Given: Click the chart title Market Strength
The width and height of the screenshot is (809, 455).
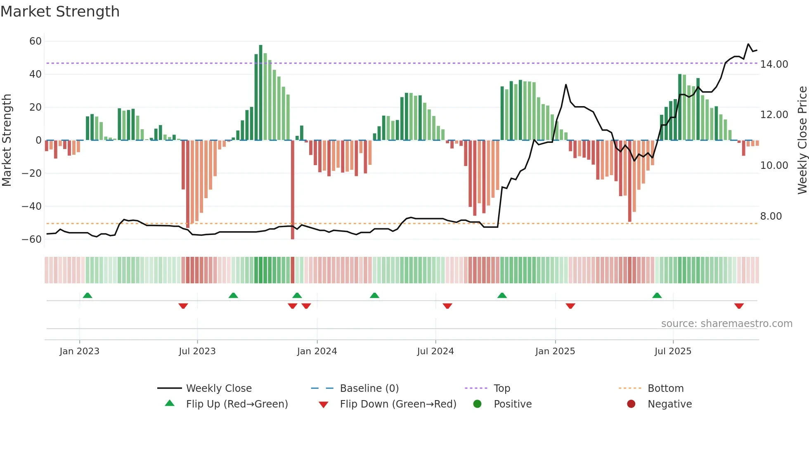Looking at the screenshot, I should click(x=60, y=12).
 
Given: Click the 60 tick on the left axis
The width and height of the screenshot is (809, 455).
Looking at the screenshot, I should click(x=35, y=41).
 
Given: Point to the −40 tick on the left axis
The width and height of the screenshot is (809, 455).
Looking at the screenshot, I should click(x=32, y=206).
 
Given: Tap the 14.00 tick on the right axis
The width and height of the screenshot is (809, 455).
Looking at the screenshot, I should click(x=774, y=64).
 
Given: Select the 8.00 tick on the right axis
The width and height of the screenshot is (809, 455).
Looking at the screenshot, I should click(x=771, y=216).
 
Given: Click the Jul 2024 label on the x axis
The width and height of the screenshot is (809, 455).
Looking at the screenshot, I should click(x=435, y=351).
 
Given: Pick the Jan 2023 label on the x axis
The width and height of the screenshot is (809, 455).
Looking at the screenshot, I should click(x=79, y=351).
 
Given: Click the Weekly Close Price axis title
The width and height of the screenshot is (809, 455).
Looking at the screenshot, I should click(x=802, y=140).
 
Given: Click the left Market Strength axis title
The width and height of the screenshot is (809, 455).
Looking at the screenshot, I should click(x=7, y=140).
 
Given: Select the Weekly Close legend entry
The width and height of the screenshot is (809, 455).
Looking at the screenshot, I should click(x=218, y=389).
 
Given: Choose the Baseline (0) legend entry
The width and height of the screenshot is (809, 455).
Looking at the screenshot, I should click(x=369, y=389).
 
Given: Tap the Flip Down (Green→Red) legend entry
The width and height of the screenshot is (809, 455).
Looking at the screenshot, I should click(x=397, y=404).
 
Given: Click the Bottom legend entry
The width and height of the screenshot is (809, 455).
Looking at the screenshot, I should click(x=665, y=389).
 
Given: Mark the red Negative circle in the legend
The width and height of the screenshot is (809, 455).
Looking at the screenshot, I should click(x=631, y=404).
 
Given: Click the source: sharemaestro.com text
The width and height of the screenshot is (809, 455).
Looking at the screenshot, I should click(x=726, y=324).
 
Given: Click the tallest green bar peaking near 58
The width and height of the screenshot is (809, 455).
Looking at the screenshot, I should click(x=260, y=93).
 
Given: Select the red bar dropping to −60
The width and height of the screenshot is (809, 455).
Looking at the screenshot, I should click(x=293, y=190).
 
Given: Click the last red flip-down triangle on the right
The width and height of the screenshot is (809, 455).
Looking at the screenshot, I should click(x=739, y=306).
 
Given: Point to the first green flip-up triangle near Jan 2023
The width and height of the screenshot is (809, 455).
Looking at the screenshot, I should click(x=88, y=295).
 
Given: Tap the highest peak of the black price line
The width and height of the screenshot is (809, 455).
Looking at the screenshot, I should click(x=748, y=44).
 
